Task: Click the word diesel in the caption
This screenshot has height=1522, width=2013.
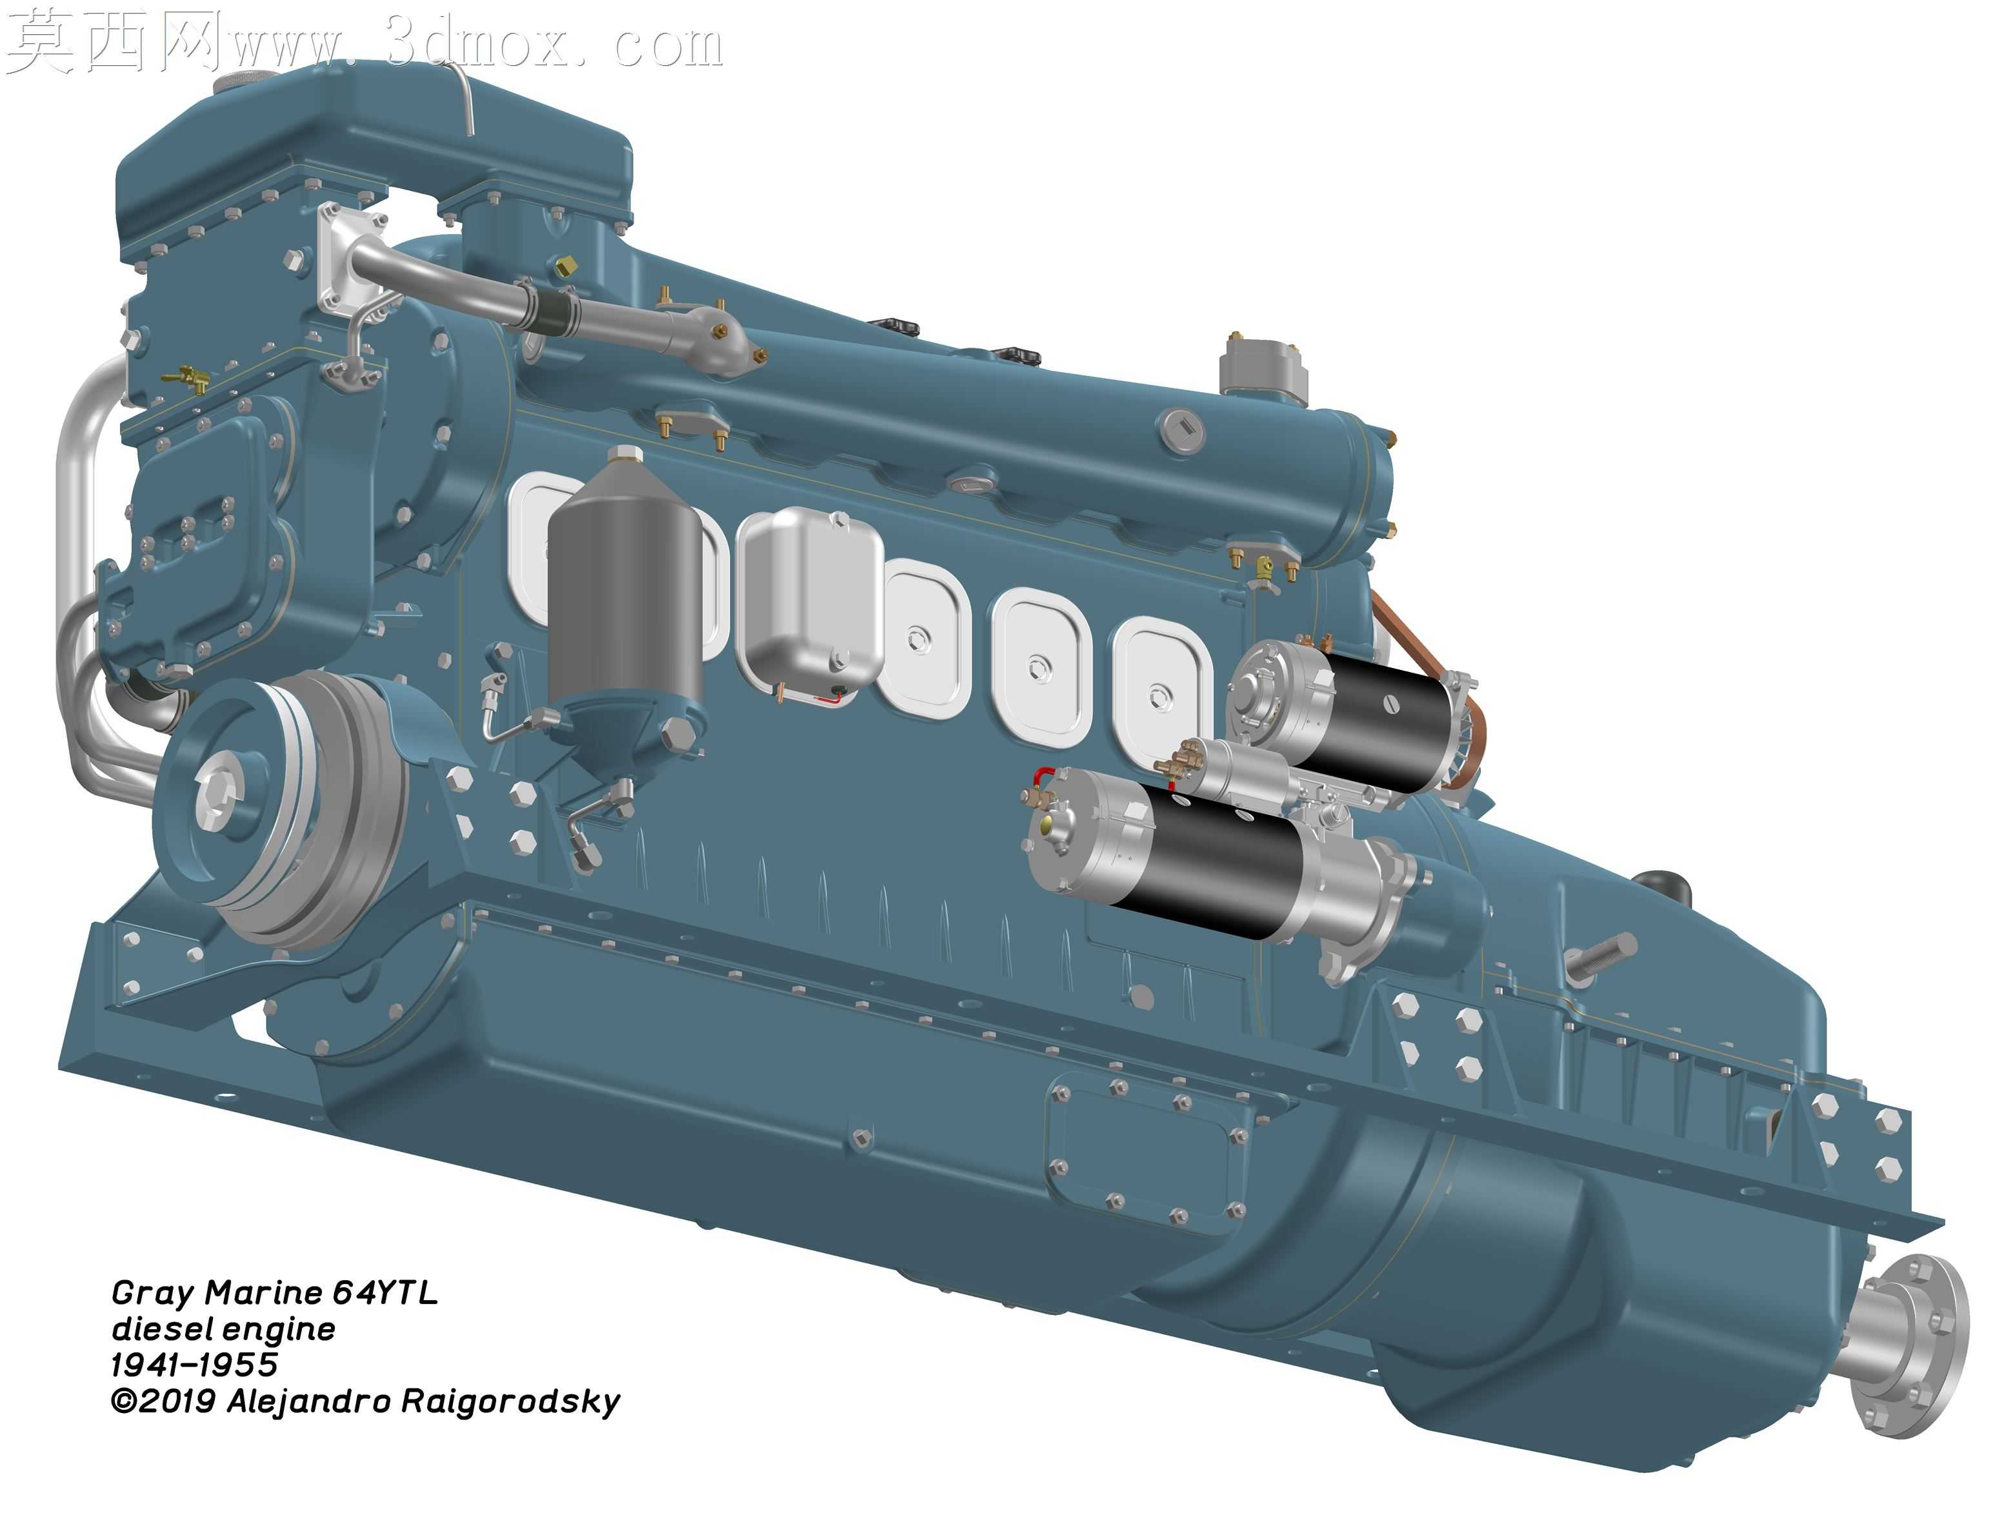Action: [162, 1329]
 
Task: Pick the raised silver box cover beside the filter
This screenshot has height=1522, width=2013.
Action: [810, 605]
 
